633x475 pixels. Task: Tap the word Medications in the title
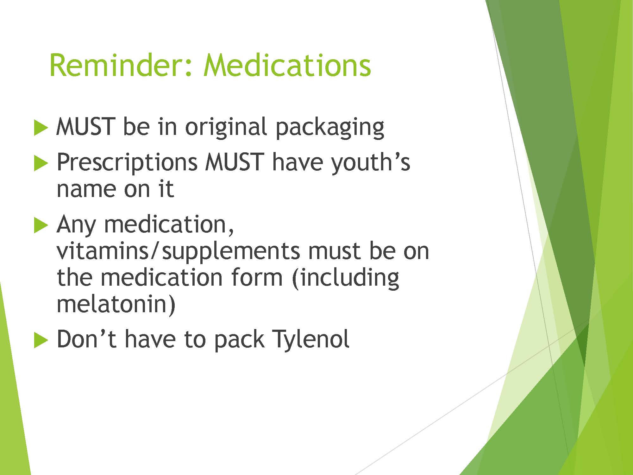287,65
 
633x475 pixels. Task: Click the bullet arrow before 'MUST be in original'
41,128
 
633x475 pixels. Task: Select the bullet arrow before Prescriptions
41,163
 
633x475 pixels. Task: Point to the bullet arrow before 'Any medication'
41,226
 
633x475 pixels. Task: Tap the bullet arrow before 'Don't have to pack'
41,341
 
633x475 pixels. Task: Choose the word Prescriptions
127,163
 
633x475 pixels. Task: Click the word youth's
370,163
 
